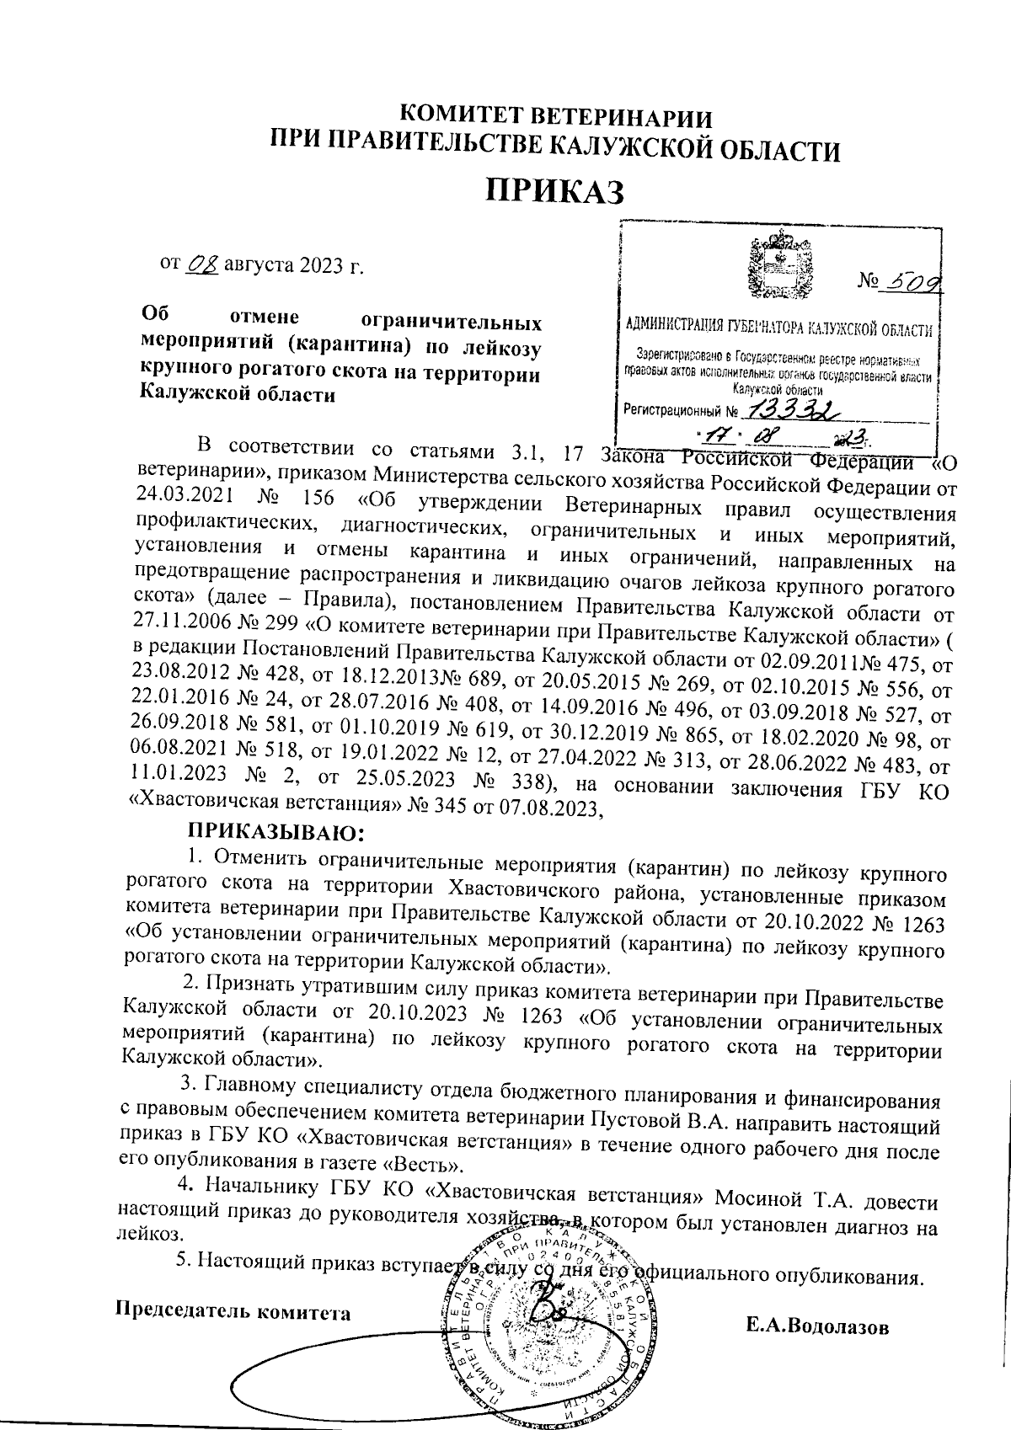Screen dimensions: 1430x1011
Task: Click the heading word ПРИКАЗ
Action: (x=555, y=190)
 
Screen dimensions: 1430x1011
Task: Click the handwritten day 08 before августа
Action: (x=202, y=264)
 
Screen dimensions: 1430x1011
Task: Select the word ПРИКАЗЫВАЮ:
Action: (x=275, y=833)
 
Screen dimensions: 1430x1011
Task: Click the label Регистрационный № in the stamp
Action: (x=680, y=412)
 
